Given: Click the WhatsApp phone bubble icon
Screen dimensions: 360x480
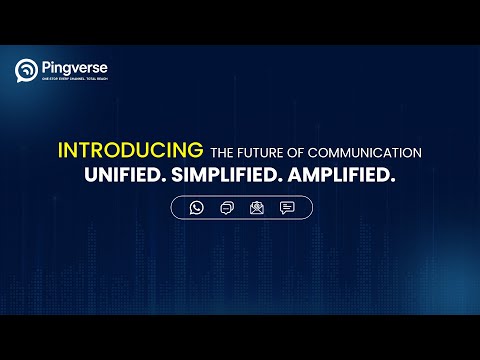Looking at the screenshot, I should point(196,208).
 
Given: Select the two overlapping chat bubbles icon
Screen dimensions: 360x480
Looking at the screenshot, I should point(226,208).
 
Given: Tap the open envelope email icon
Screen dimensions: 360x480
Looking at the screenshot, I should point(256,208).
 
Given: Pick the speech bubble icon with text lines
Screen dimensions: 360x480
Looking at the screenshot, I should point(287,208).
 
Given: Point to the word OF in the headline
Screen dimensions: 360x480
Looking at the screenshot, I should point(295,152).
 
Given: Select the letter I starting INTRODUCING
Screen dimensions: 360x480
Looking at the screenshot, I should point(61,151).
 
